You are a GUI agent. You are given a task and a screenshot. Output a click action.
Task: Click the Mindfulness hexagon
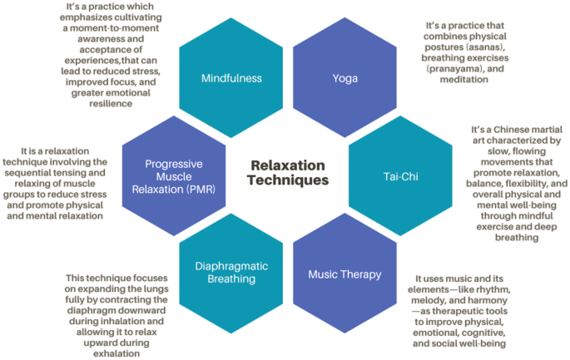pos(230,79)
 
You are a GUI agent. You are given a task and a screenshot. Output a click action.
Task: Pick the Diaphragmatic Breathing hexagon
pos(232,273)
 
